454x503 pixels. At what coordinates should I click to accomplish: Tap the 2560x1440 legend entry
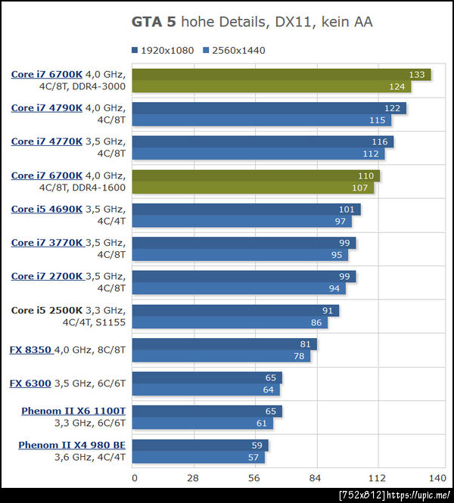pos(235,51)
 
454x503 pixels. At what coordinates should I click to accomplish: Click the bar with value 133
pos(281,74)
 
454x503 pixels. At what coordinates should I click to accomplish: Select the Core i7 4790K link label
pos(47,108)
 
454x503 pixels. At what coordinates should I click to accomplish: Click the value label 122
pos(392,108)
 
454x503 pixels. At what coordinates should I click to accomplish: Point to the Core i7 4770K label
pos(47,141)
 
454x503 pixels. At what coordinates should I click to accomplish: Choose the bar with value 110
pos(256,175)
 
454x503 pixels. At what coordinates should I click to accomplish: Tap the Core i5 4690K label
pos(47,209)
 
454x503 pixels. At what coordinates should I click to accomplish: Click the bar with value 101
pos(246,209)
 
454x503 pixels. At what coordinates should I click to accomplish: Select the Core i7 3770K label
pos(47,243)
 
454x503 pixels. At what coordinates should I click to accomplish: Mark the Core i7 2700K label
pos(47,276)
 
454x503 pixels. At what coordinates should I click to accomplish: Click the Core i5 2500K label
pos(47,310)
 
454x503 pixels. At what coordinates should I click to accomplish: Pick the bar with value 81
pos(224,344)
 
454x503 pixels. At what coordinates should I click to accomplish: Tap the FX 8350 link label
pos(30,349)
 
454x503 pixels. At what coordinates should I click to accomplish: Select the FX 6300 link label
pos(30,383)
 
